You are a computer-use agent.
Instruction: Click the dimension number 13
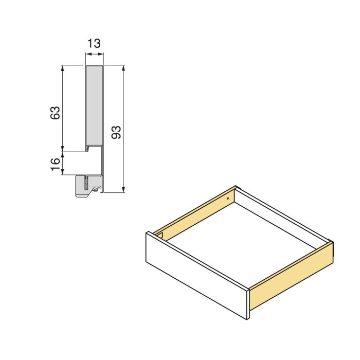(94, 43)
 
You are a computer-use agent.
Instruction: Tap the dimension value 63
(56, 113)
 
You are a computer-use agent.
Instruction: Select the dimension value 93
(116, 132)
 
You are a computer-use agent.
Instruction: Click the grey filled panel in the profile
(94, 105)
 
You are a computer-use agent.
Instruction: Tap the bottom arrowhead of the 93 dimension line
(123, 190)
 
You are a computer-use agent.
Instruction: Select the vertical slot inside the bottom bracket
(86, 182)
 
